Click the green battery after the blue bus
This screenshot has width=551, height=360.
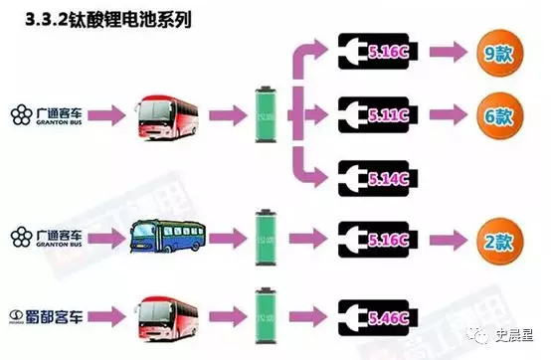pos(265,238)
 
